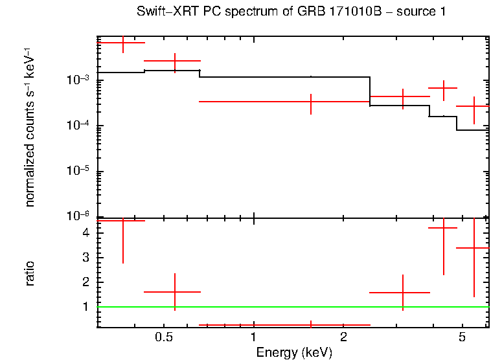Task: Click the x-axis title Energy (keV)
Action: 293,352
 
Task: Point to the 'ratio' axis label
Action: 30,273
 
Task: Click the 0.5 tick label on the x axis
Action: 164,338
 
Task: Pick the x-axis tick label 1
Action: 253,338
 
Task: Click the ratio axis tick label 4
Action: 86,232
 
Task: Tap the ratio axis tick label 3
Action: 86,257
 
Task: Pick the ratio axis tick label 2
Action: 86,282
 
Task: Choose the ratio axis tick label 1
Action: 86,306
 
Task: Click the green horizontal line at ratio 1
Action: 291,307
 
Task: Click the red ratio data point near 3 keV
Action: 402,293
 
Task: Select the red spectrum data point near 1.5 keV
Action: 311,102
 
